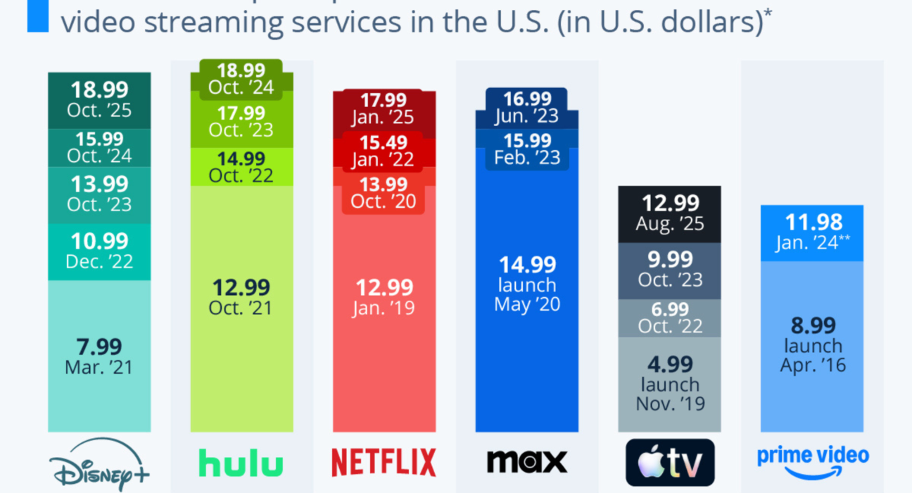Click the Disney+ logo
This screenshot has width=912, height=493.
tap(99, 464)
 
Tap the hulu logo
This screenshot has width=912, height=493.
tap(241, 463)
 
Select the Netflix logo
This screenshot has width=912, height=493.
tap(384, 462)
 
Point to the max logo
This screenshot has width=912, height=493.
tap(527, 461)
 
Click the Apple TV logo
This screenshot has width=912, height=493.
tap(669, 463)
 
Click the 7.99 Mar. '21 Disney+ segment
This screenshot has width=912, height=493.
tap(99, 356)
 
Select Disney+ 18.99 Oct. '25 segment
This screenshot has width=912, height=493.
tap(99, 100)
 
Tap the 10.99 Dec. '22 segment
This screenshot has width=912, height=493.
tap(99, 251)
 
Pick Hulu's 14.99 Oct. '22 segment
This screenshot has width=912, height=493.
tap(241, 167)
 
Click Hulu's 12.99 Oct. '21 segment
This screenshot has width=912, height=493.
tap(241, 297)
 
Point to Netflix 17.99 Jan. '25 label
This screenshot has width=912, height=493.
tap(384, 108)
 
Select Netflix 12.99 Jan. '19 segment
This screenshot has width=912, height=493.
tap(384, 297)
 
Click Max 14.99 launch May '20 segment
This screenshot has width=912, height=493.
tap(527, 284)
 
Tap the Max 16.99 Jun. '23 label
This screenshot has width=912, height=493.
tap(527, 107)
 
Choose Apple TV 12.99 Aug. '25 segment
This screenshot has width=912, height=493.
tap(669, 212)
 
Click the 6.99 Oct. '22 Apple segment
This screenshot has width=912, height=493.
tap(669, 317)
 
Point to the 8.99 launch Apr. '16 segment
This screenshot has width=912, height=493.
tap(812, 345)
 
